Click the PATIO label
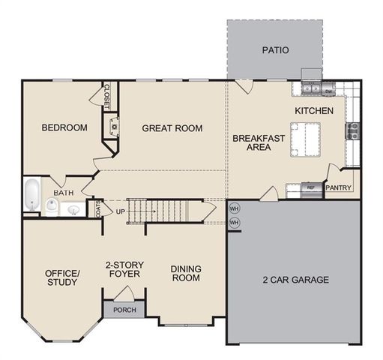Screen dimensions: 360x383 coord(275,51)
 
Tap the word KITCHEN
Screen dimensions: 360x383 coord(313,111)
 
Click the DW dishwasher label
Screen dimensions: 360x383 coord(329,91)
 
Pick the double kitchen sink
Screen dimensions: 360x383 coord(311,90)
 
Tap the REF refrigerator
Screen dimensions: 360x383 coord(311,187)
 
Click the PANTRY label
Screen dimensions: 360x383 coord(338,188)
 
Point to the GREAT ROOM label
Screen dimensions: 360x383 coord(172,128)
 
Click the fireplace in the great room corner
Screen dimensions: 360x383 coord(113,127)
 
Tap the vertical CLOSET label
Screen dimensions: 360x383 coord(106,94)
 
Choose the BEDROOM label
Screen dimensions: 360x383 coord(64,127)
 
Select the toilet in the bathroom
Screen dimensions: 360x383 coord(51,205)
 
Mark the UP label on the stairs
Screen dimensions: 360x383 coord(120,211)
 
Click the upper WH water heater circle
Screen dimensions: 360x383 coord(234,208)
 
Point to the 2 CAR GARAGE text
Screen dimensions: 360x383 coord(296,280)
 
